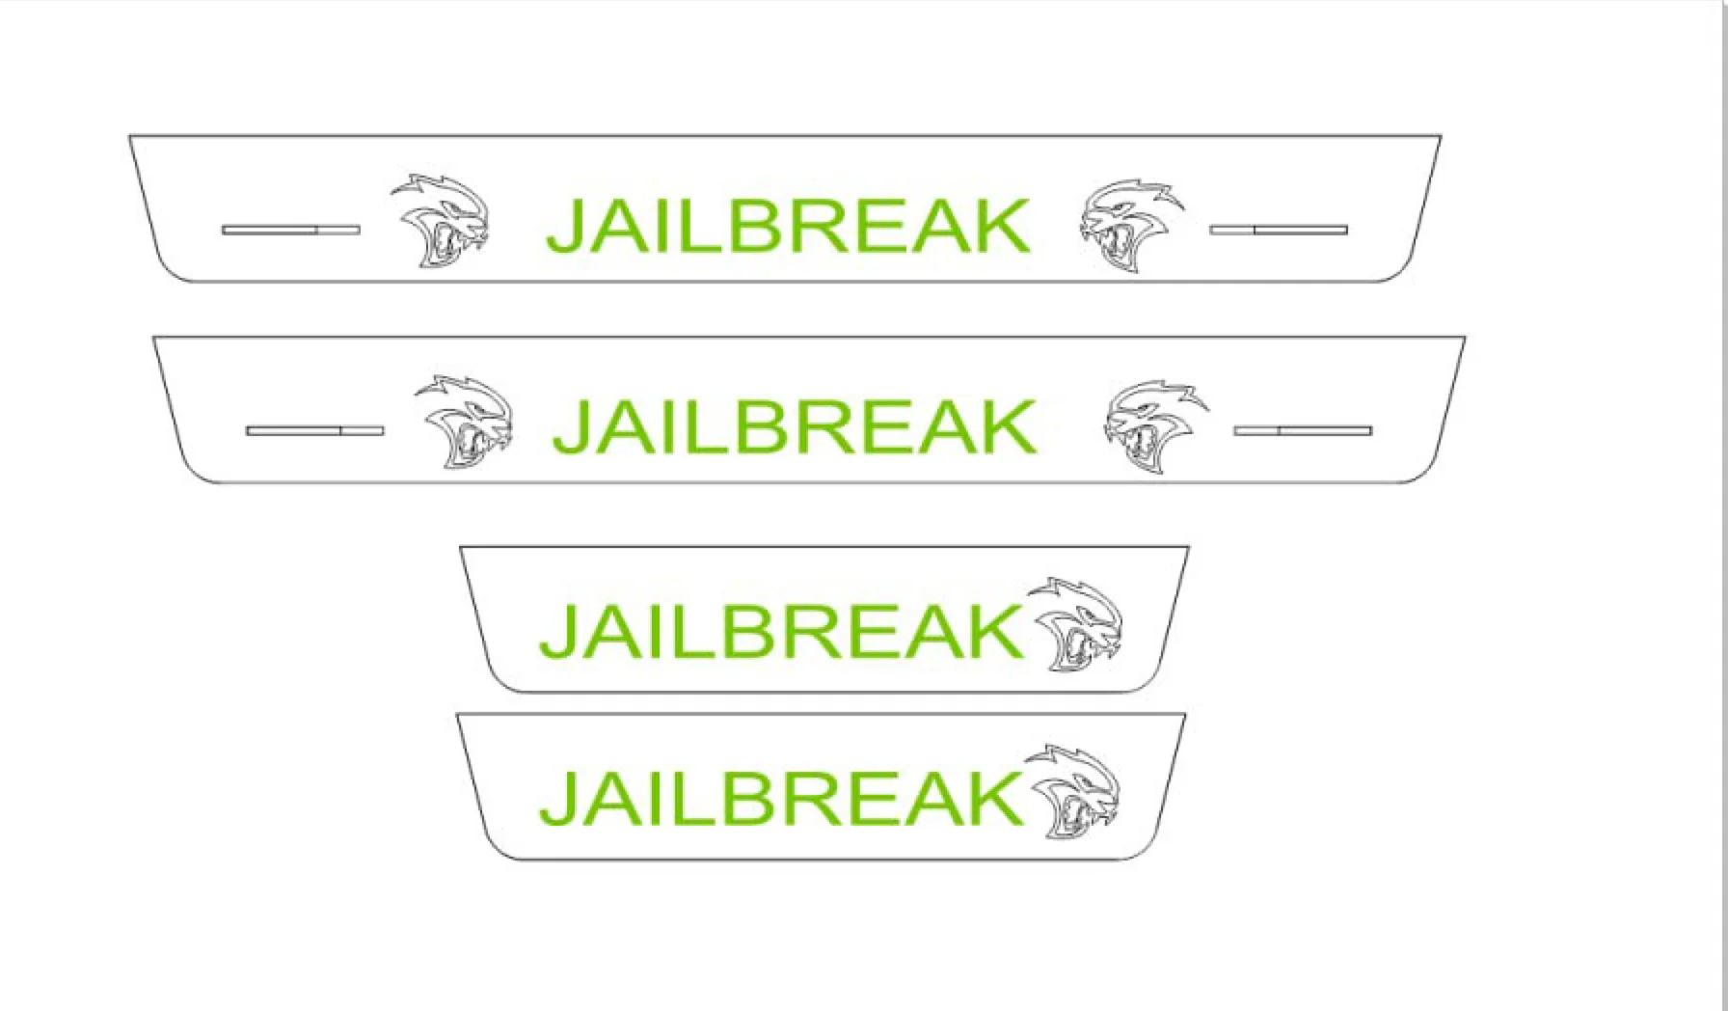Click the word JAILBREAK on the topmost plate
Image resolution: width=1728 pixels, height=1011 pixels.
click(x=788, y=227)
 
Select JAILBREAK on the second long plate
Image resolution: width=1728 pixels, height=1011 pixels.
click(x=795, y=427)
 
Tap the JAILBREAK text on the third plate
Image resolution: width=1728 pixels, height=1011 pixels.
click(x=780, y=631)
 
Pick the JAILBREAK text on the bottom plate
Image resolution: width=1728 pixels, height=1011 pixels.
click(x=780, y=797)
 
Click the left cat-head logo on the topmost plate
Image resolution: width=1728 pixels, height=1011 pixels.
click(x=440, y=221)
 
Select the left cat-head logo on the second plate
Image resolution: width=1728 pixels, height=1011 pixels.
click(x=464, y=422)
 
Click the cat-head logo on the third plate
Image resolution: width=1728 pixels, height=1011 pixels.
click(x=1075, y=625)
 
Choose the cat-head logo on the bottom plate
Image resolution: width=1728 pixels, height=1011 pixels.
click(x=1073, y=792)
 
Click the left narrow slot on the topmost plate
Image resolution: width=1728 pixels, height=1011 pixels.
click(x=290, y=230)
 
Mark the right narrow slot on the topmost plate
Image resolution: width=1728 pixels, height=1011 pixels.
click(x=1279, y=230)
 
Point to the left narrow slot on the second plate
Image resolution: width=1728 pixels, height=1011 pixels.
click(x=315, y=430)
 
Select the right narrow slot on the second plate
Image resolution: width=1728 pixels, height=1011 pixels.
click(x=1303, y=430)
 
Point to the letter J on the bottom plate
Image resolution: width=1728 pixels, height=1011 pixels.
click(x=558, y=798)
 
